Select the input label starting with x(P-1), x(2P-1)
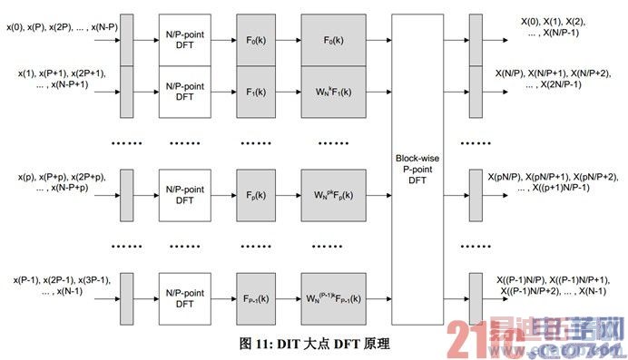tap(60, 285)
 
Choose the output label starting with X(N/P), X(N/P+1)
tap(553, 78)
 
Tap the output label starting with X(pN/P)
tap(554, 181)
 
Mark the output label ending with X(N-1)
tap(554, 285)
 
